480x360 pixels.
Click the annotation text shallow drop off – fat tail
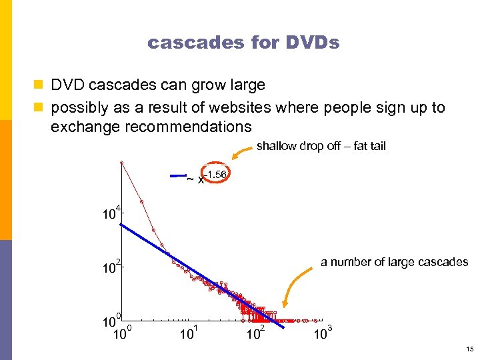coord(321,146)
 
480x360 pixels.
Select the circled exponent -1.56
coord(216,175)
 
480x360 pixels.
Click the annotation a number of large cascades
coord(394,262)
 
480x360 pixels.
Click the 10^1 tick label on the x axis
coord(189,331)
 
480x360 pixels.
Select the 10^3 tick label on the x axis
coord(322,331)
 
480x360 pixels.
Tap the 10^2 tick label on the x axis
coord(256,331)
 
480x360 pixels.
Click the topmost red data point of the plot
coord(121,162)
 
